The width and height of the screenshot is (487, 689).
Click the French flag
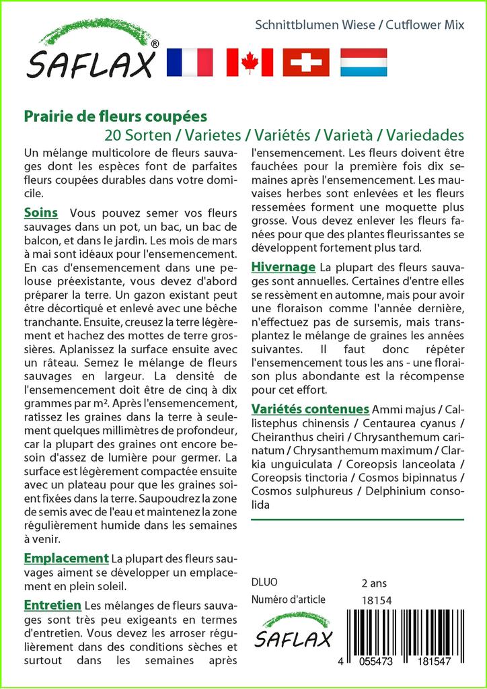pyautogui.click(x=188, y=62)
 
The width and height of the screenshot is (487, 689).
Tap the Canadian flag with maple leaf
pyautogui.click(x=250, y=62)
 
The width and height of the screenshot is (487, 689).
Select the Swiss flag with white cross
pyautogui.click(x=306, y=62)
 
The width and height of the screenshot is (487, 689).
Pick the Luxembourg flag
pyautogui.click(x=363, y=62)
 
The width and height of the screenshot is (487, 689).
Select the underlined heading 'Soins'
pyautogui.click(x=40, y=213)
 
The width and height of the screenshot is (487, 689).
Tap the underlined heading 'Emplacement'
pyautogui.click(x=66, y=558)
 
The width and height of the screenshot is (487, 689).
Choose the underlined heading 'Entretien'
pyautogui.click(x=52, y=605)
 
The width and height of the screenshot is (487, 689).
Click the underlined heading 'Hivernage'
pyautogui.click(x=283, y=266)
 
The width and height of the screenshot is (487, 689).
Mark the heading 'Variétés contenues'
pyautogui.click(x=310, y=409)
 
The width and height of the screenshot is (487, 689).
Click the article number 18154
pyautogui.click(x=377, y=600)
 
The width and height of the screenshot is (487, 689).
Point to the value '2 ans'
pyautogui.click(x=374, y=583)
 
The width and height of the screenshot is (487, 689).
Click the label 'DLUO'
pyautogui.click(x=264, y=583)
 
